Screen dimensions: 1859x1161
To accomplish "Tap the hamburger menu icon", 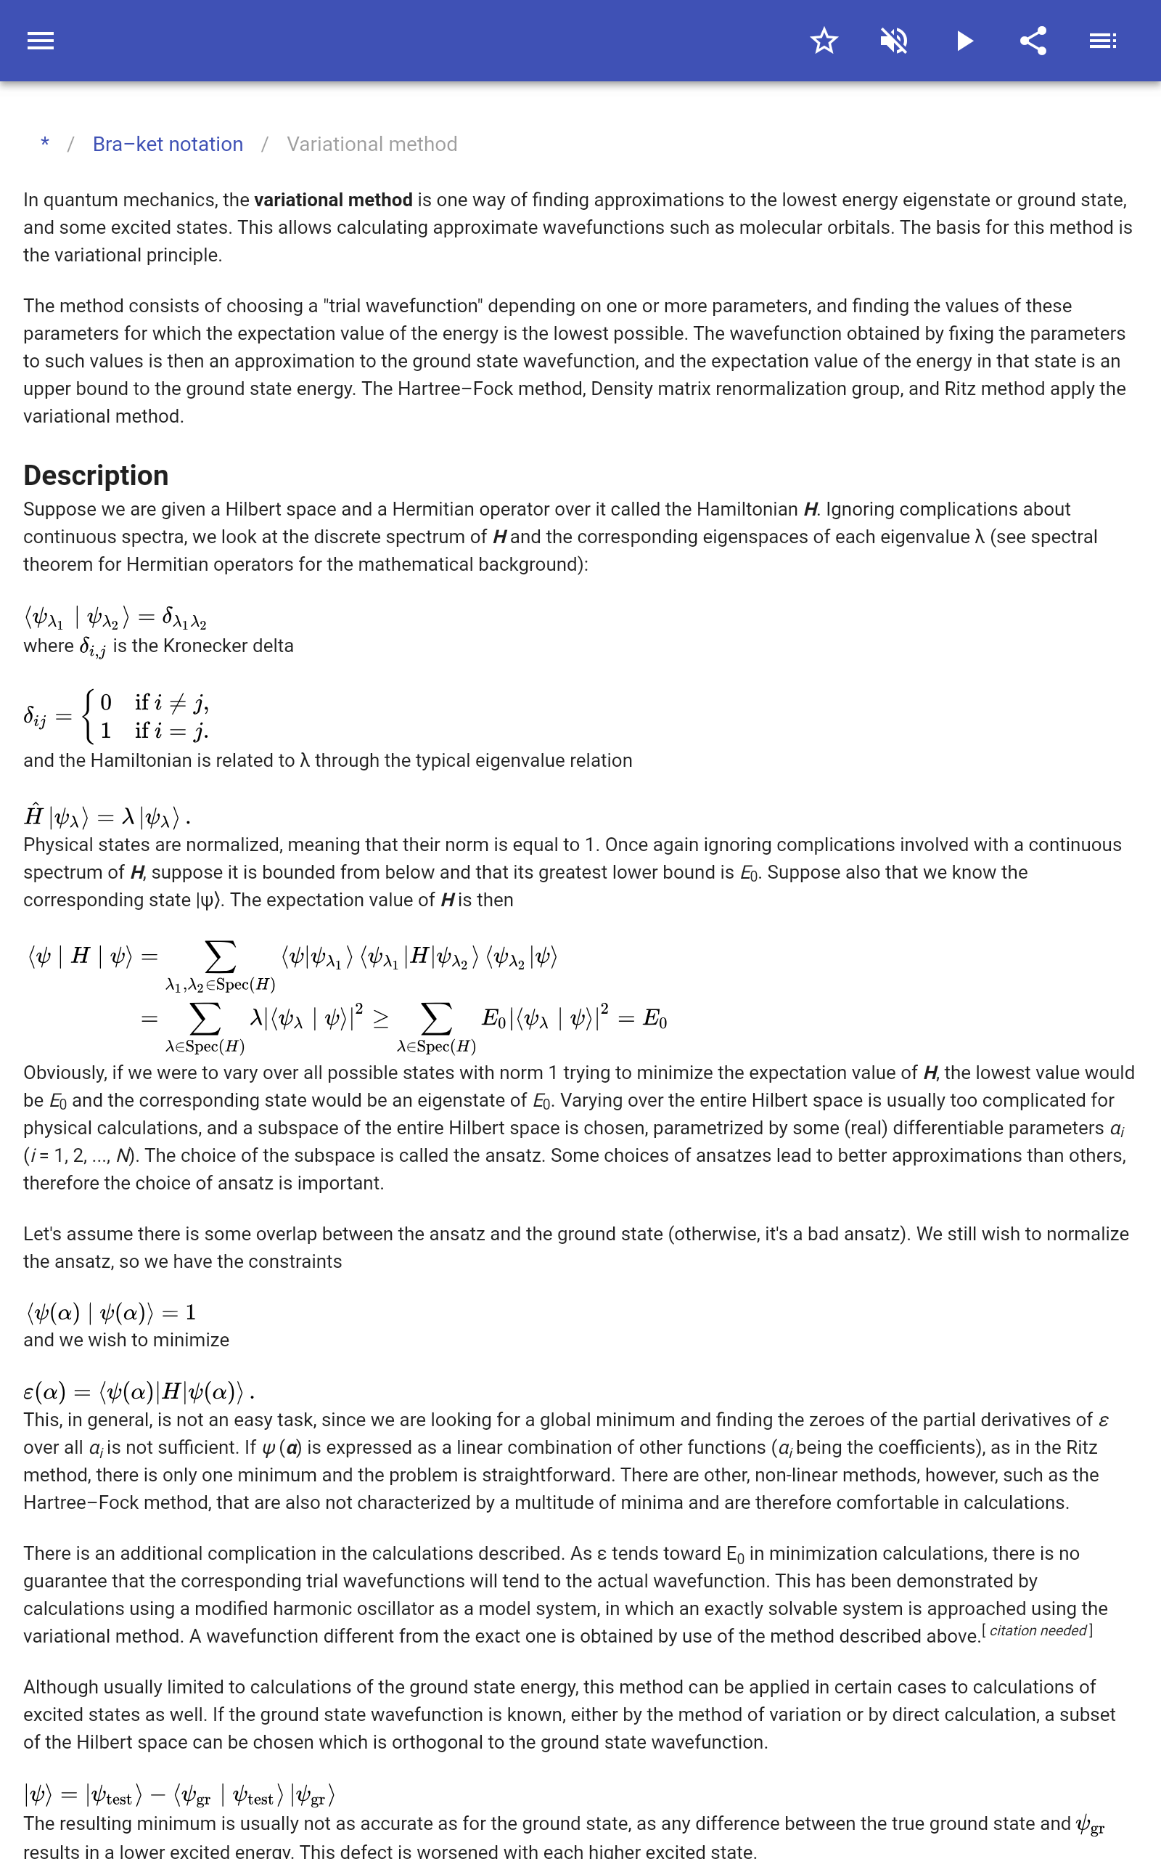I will [41, 41].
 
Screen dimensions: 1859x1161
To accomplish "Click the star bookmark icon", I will [824, 41].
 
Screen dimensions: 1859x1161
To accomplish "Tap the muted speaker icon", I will [894, 41].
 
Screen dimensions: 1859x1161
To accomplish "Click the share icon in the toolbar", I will [1033, 41].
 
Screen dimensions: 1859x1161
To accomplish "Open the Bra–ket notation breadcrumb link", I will [168, 145].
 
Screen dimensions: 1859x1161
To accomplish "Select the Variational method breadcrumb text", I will [372, 145].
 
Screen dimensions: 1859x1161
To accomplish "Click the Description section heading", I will [96, 476].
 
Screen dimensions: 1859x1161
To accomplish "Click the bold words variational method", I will [332, 200].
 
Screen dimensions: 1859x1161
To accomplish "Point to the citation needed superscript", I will [1038, 1630].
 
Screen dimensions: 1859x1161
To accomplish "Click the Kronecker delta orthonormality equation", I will [115, 617].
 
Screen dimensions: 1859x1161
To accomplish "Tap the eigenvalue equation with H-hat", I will [106, 816].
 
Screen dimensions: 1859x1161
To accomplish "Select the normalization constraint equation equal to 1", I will [110, 1312].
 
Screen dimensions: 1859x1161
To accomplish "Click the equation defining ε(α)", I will [138, 1391].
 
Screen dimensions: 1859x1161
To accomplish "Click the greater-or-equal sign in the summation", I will [380, 1019].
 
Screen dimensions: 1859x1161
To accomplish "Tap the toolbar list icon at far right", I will [1103, 41].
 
